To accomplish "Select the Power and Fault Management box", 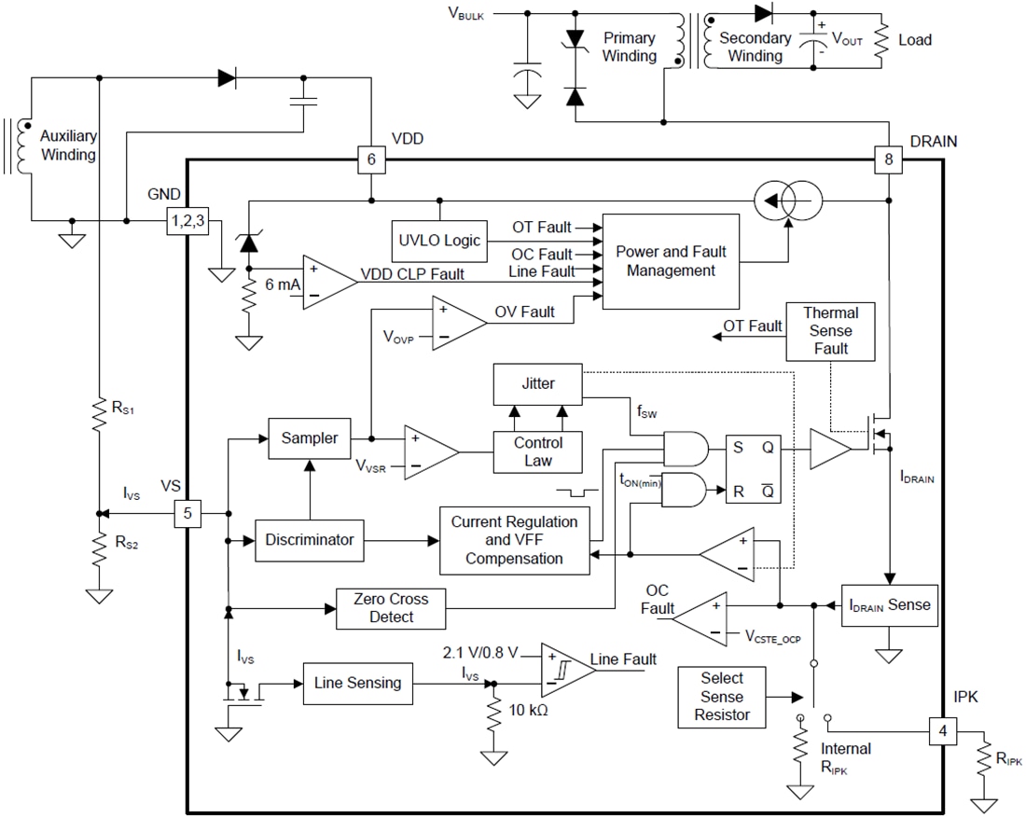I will [x=671, y=260].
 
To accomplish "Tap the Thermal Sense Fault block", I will [x=830, y=331].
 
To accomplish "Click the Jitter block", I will [x=538, y=383].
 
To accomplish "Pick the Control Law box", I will [x=538, y=451].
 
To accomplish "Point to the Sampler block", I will [x=310, y=437].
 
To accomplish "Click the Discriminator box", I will [x=310, y=539].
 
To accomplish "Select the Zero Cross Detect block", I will [x=391, y=608].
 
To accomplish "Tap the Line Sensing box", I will [x=357, y=683].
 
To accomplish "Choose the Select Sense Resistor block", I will [x=722, y=697].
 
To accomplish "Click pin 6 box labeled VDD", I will [x=371, y=160].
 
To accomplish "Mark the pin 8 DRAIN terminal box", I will [x=889, y=160].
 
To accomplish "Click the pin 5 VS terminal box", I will [x=187, y=513].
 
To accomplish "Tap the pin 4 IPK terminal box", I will [x=943, y=731].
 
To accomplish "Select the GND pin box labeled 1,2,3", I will [x=187, y=221].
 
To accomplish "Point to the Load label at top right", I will [x=914, y=40].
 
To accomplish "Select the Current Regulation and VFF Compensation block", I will [x=514, y=540].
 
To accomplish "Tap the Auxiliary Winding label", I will [x=67, y=146].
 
